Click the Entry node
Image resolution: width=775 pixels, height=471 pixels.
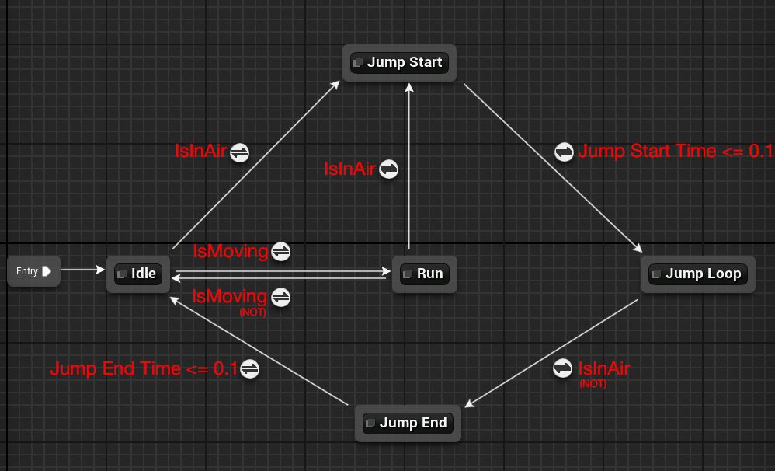tap(33, 271)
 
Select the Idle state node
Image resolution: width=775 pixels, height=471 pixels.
tap(138, 274)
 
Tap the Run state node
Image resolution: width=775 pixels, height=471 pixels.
tap(424, 274)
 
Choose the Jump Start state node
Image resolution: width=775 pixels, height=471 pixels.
tap(399, 62)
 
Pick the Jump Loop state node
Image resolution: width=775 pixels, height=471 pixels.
tap(697, 274)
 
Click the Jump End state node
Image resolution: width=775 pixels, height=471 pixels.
tap(408, 423)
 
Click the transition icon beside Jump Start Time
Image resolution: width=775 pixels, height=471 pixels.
tap(565, 152)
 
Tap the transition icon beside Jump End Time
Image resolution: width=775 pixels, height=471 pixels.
tap(249, 368)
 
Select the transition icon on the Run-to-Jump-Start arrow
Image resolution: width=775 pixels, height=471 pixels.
tap(388, 168)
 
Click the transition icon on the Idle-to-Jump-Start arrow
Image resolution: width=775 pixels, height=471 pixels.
tap(239, 152)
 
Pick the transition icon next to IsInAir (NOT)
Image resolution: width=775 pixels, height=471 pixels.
tap(563, 368)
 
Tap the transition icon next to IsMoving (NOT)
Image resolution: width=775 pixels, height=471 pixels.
tap(280, 297)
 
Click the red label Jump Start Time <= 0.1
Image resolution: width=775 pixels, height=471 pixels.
tap(675, 151)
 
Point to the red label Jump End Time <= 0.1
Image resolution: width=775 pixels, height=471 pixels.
tap(144, 368)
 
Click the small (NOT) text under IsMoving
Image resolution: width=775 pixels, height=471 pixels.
tap(252, 312)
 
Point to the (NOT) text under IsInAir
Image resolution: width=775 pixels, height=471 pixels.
tap(593, 383)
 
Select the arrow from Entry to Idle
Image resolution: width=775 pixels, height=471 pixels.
tap(82, 270)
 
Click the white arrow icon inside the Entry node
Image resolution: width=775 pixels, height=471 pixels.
tap(47, 271)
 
